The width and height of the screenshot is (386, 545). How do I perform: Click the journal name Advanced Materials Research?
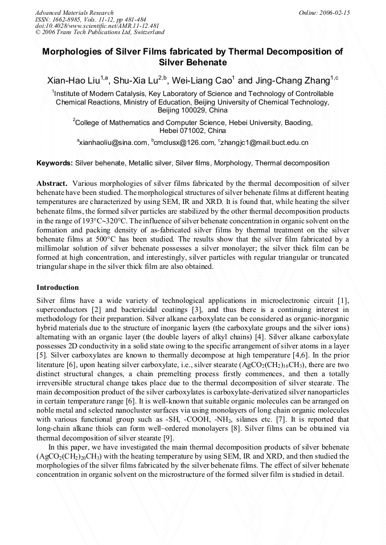click(74, 13)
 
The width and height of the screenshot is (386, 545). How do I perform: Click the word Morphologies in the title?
click(75, 51)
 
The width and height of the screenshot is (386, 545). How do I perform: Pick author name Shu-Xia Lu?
click(139, 80)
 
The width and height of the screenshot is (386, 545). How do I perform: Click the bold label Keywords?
click(55, 163)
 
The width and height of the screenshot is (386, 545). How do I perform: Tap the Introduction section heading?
click(58, 288)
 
